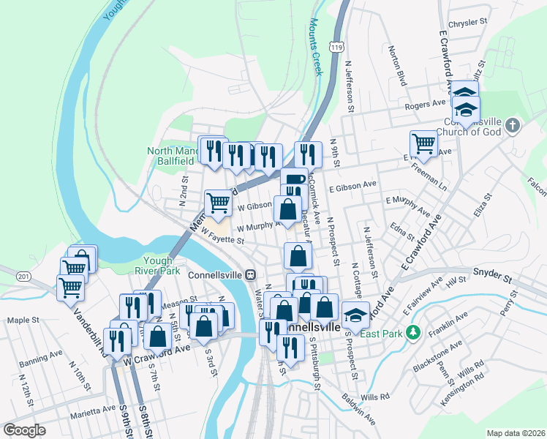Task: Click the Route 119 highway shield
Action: [x=336, y=46]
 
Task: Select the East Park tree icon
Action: [x=413, y=333]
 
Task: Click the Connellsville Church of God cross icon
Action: [x=513, y=124]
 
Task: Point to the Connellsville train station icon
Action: [x=250, y=275]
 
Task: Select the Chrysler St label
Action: [x=467, y=23]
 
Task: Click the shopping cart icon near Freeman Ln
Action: [x=423, y=143]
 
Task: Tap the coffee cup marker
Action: [x=294, y=179]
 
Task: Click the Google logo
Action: [x=24, y=430]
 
